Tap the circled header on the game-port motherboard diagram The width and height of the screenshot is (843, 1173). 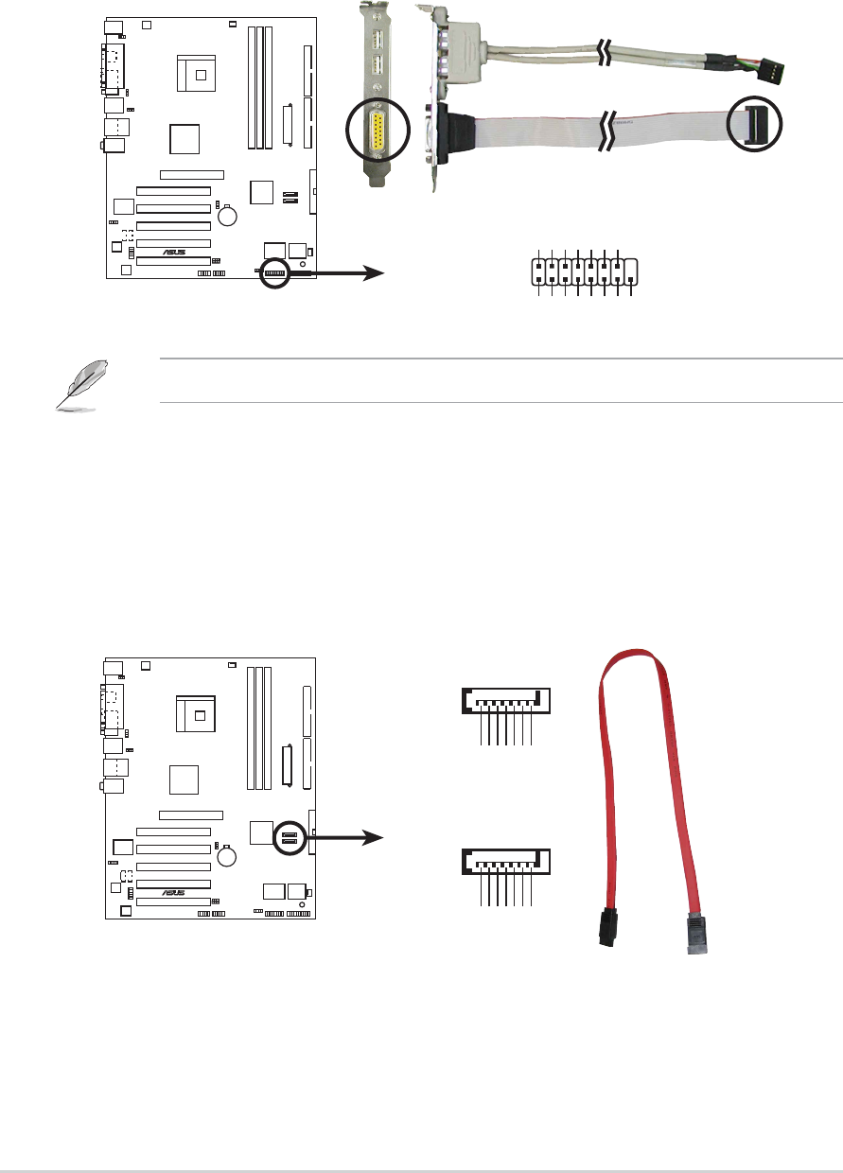tap(275, 272)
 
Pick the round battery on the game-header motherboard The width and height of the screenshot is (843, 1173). tap(228, 217)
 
